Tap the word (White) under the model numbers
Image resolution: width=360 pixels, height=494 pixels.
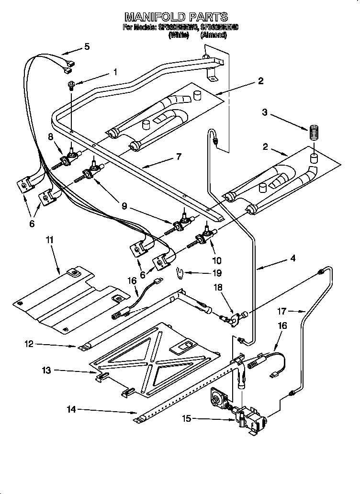coord(179,35)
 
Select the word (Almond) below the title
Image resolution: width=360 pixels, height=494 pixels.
coord(214,35)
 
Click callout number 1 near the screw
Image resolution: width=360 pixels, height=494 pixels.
coord(115,72)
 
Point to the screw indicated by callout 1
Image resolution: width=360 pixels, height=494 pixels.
coord(71,86)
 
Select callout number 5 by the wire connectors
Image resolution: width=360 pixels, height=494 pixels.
coord(86,46)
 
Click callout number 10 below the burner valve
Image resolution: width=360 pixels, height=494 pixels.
coord(216,260)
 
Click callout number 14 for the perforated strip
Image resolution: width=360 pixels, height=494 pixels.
coord(71,409)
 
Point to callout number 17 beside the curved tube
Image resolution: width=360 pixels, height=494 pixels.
coord(282,312)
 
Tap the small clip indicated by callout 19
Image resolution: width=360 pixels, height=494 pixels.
coord(180,274)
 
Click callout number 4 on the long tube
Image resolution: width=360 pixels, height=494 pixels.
coord(292,258)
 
